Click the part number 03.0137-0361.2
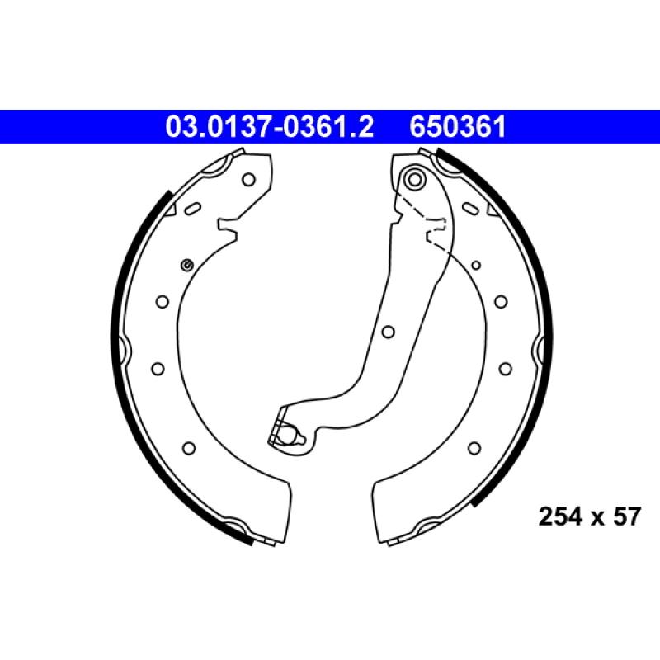[271, 127]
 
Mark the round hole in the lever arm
[386, 332]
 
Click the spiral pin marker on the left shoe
[186, 264]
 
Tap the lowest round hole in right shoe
[474, 447]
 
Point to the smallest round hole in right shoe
[476, 265]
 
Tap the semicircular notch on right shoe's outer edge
[538, 351]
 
